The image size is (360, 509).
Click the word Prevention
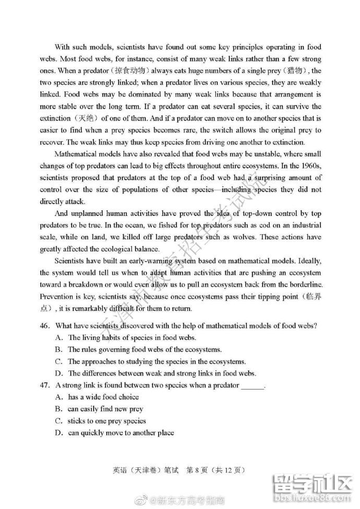click(57, 296)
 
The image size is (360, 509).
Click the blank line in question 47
click(253, 386)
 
